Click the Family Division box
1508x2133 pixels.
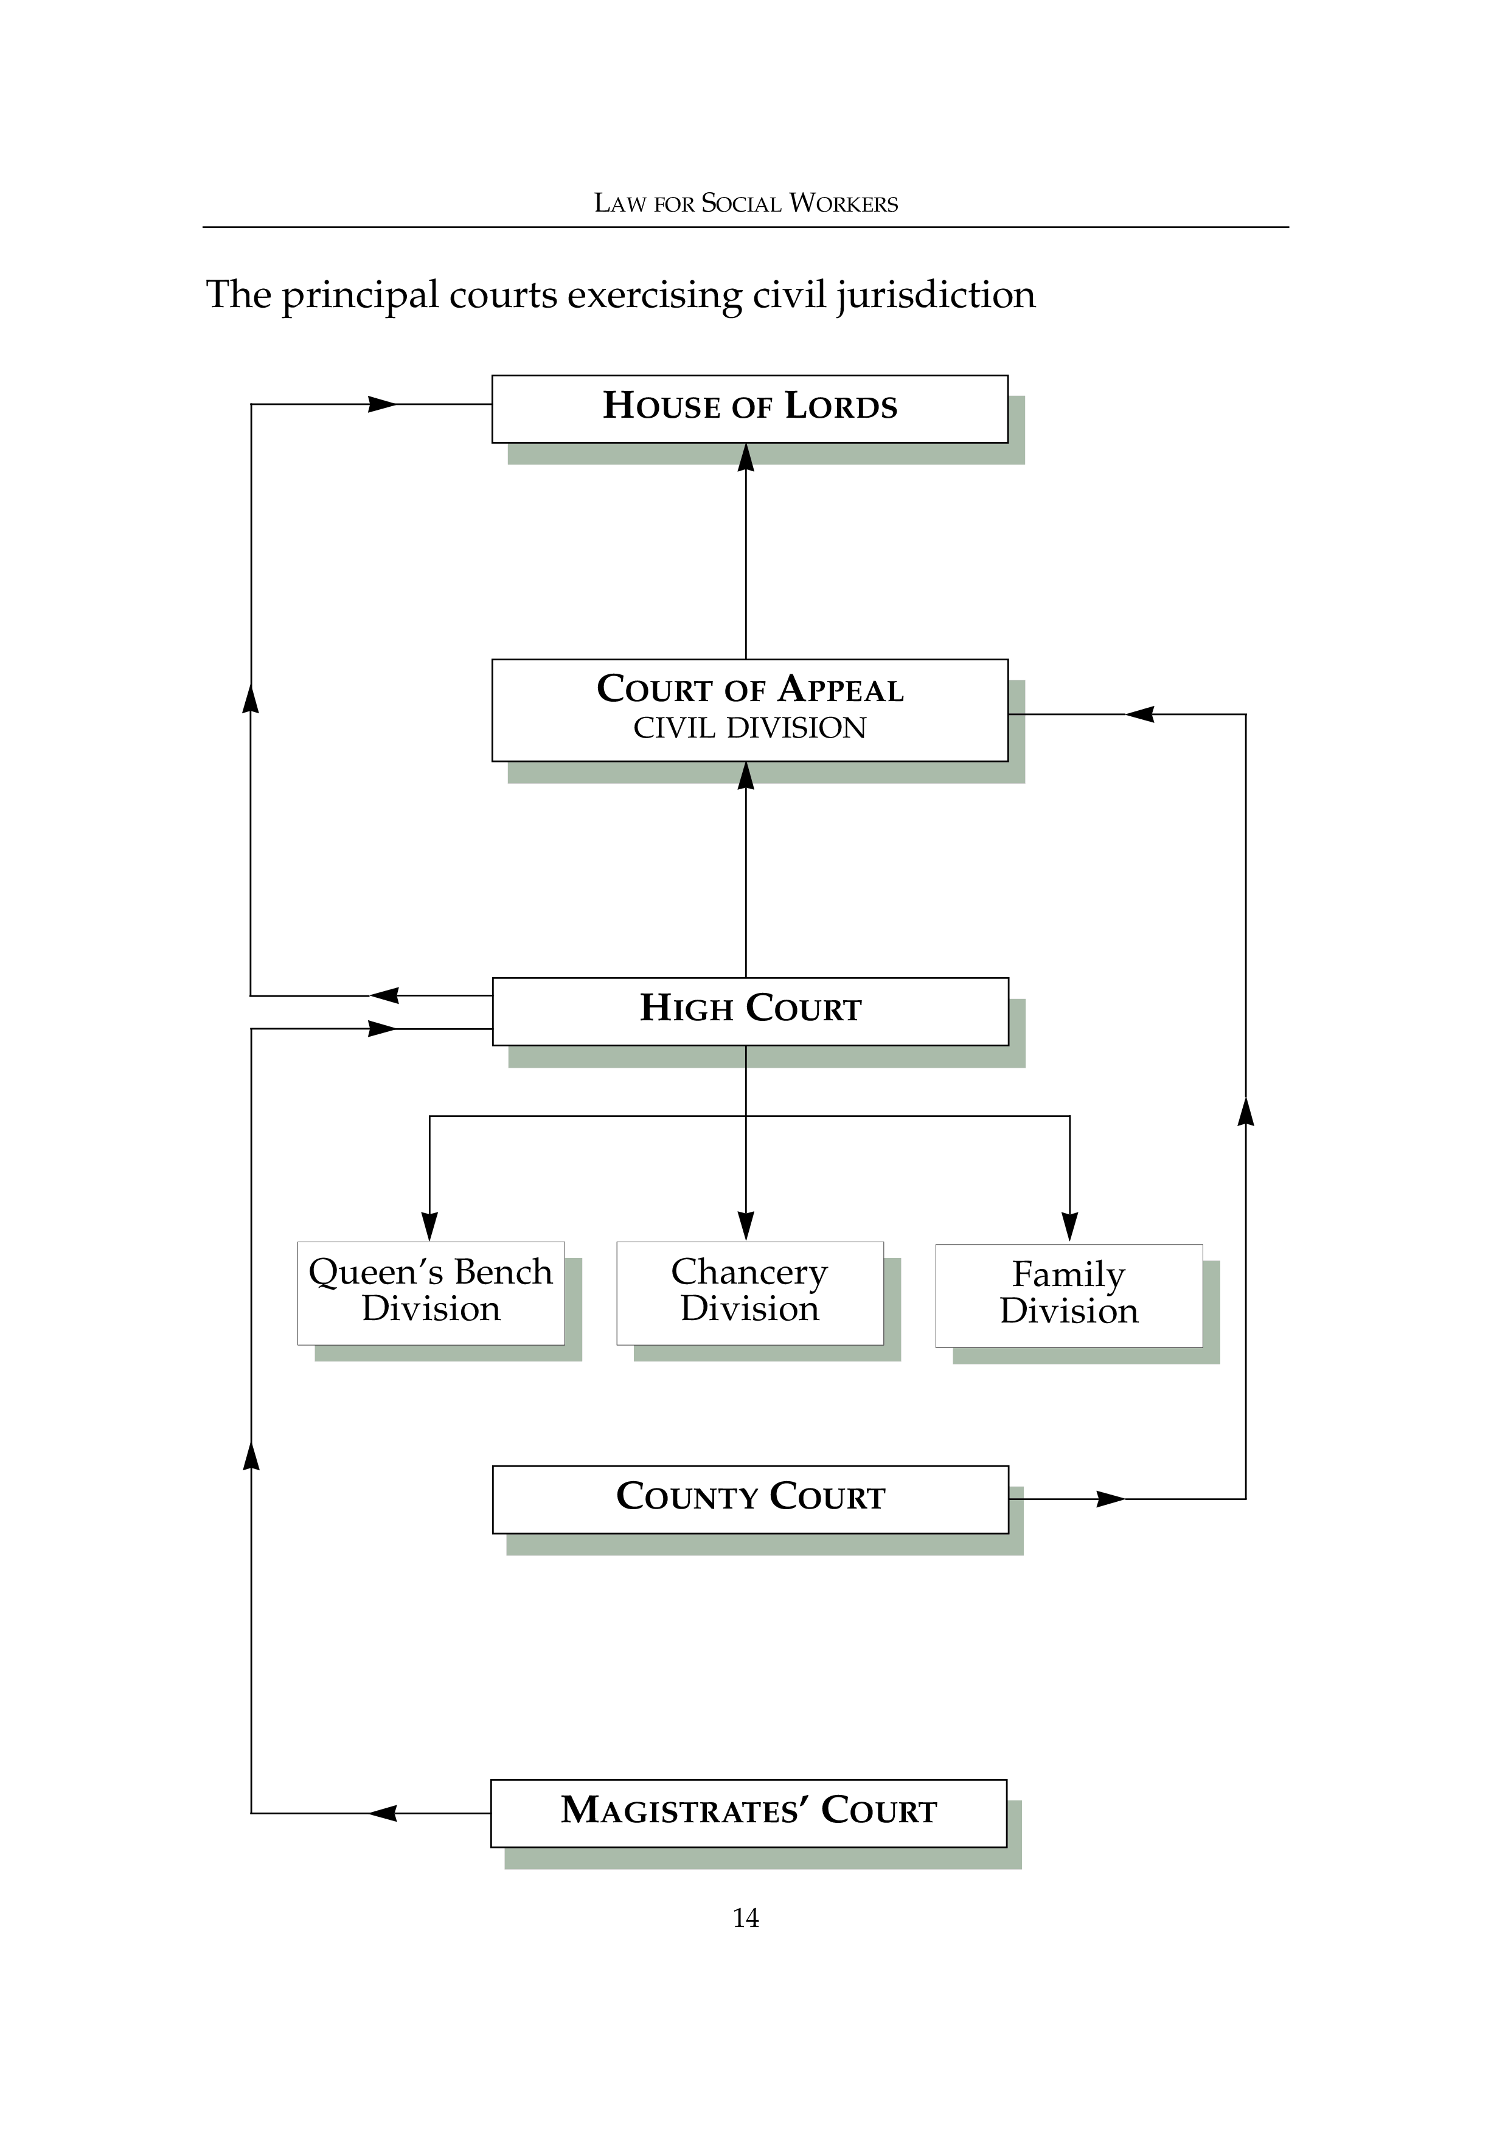[1069, 1295]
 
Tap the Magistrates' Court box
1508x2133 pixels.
[748, 1813]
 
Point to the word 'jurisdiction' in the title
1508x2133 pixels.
[935, 296]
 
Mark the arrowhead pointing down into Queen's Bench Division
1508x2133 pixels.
[429, 1226]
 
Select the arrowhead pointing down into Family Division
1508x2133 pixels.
[1069, 1226]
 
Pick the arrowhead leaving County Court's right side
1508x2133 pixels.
[1110, 1498]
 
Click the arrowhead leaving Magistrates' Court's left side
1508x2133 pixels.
[384, 1813]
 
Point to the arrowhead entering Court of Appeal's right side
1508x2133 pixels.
[1140, 714]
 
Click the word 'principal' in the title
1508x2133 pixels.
[360, 296]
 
